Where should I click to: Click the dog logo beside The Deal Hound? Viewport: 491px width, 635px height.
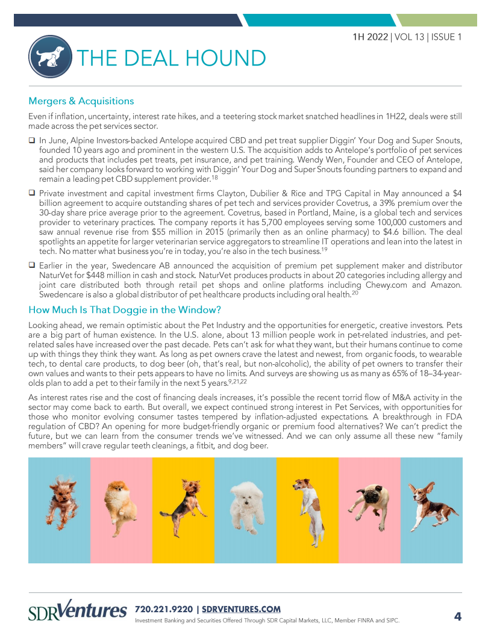[50, 57]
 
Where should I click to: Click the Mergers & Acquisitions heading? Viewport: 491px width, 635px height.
[81, 101]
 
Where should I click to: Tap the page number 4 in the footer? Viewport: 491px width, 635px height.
[457, 616]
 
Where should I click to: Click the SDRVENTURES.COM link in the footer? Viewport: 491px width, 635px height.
[241, 609]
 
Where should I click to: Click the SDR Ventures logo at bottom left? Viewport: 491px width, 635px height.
[78, 611]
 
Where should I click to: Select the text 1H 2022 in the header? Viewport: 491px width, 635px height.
[371, 37]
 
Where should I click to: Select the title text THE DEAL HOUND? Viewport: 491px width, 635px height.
[170, 58]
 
